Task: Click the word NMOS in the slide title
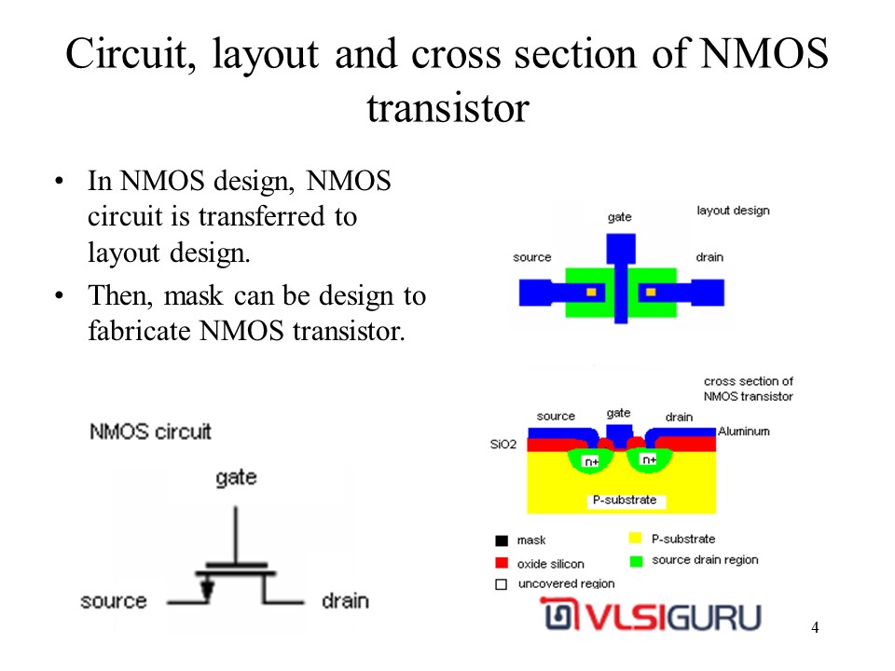[764, 54]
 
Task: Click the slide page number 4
[815, 627]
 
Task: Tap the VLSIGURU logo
[651, 614]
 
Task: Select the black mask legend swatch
[502, 541]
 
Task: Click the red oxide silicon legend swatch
[502, 563]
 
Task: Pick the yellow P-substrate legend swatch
[635, 538]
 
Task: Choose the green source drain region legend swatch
[636, 561]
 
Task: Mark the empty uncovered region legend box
[502, 584]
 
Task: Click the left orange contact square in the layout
[591, 293]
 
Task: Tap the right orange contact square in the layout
[651, 293]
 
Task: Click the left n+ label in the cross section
[591, 461]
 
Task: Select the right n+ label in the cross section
[649, 459]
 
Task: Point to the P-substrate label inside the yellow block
[625, 500]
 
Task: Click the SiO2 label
[503, 444]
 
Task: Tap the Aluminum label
[744, 431]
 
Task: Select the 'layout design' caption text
[733, 211]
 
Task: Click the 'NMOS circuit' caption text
[151, 431]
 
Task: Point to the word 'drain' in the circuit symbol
[345, 601]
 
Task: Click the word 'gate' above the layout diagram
[620, 217]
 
